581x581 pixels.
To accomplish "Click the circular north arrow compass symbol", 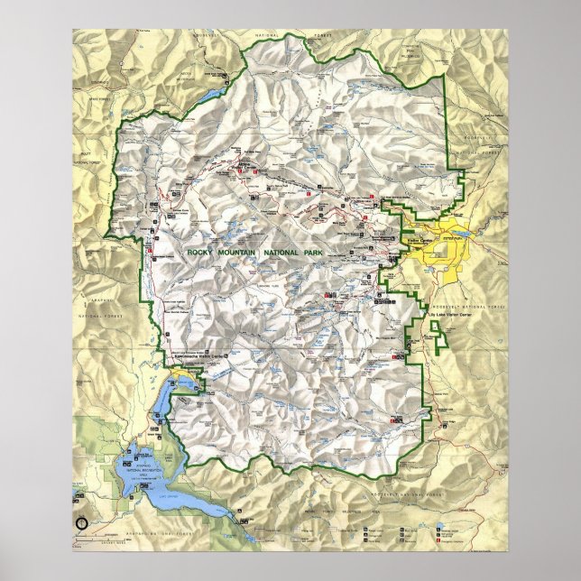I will coord(84,521).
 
